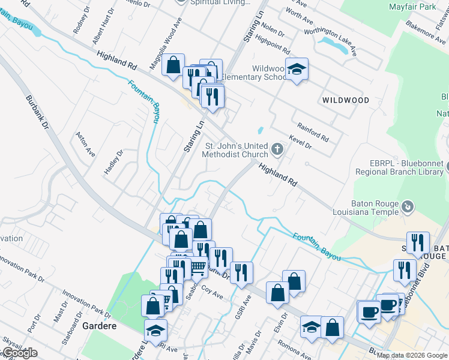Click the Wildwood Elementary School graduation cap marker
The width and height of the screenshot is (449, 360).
[x=297, y=70]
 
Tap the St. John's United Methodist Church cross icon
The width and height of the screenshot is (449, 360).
[x=277, y=148]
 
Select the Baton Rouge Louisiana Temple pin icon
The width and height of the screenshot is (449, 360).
[x=408, y=206]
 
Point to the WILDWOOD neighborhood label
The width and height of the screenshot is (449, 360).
[x=345, y=100]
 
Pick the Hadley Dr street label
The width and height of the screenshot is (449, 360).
[x=114, y=161]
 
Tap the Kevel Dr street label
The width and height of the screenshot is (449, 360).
[x=300, y=142]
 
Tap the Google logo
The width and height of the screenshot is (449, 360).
[x=19, y=353]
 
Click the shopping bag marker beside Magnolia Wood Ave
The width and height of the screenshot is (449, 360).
[x=173, y=66]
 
